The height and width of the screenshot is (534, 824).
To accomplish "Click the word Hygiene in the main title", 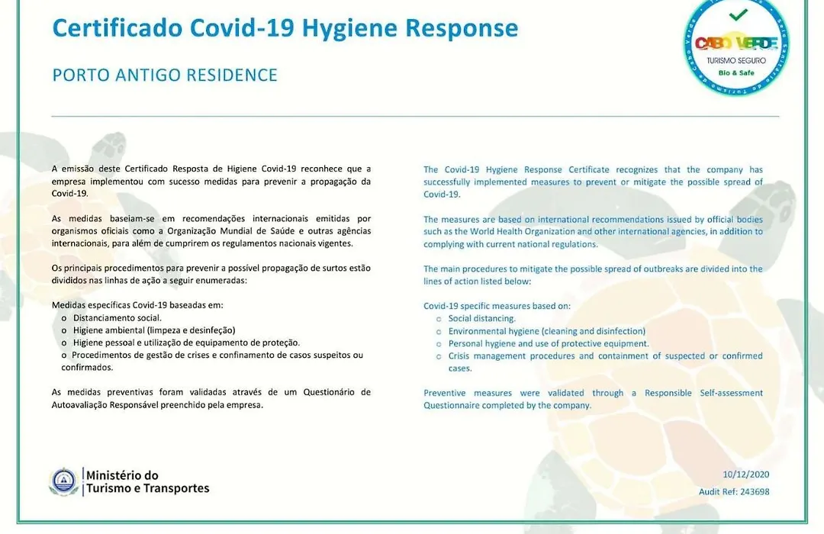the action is click(349, 29).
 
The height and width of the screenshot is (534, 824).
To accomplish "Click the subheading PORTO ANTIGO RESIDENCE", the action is click(165, 76).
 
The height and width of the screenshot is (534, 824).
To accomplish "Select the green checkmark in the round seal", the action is click(738, 15).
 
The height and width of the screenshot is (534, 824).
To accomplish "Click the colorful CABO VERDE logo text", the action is click(735, 43).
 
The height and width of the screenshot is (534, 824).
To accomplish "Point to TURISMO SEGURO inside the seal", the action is click(736, 60).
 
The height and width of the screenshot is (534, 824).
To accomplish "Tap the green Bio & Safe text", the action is click(736, 73).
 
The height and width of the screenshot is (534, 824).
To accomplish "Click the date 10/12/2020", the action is click(745, 474).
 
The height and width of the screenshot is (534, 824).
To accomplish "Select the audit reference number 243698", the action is click(755, 492).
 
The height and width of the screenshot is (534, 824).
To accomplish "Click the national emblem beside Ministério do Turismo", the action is click(63, 481).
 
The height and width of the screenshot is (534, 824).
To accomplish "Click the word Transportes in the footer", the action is click(176, 488).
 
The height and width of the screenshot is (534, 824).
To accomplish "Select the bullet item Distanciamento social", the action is click(117, 318).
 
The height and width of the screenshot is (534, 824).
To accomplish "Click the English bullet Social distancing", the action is click(482, 319).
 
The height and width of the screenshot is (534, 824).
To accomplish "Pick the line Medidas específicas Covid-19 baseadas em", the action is click(137, 305).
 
